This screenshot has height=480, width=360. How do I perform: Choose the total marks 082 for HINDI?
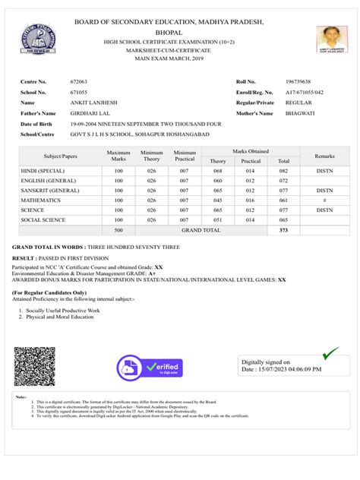pos(283,171)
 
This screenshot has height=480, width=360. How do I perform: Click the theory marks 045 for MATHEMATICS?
pos(218,200)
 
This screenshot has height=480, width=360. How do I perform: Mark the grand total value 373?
pos(283,229)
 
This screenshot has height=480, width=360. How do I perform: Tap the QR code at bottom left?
pos(34,367)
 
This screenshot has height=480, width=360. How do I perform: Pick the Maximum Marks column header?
pos(118,156)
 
